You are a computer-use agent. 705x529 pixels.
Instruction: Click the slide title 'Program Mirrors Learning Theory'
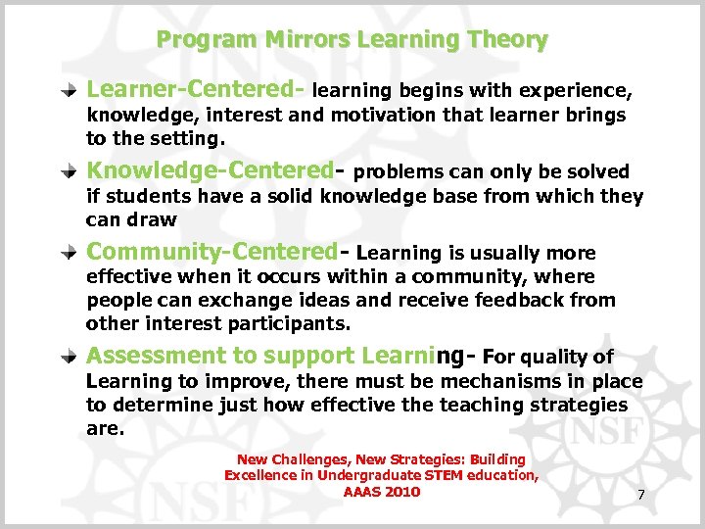352,40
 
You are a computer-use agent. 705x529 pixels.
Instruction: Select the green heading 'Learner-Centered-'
196,90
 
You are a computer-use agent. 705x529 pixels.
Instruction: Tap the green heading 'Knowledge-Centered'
210,171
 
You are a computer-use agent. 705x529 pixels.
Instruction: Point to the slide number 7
640,495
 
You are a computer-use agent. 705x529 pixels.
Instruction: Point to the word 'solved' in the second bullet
598,172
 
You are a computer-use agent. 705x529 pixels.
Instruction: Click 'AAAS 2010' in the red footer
382,492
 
